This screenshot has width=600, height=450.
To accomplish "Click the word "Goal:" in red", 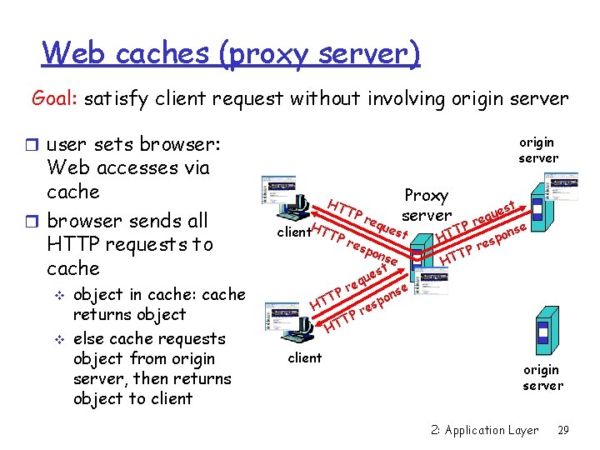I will click(56, 99).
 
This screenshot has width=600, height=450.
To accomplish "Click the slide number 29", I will click(562, 431).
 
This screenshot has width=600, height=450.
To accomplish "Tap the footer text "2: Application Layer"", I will click(485, 431).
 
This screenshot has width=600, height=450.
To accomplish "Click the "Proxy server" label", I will click(426, 205).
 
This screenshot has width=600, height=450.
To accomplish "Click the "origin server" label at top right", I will click(538, 150).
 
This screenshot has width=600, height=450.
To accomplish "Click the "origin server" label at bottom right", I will click(542, 377).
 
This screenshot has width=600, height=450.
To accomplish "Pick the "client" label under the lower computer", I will click(304, 357).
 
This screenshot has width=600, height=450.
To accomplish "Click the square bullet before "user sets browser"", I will click(37, 145).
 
